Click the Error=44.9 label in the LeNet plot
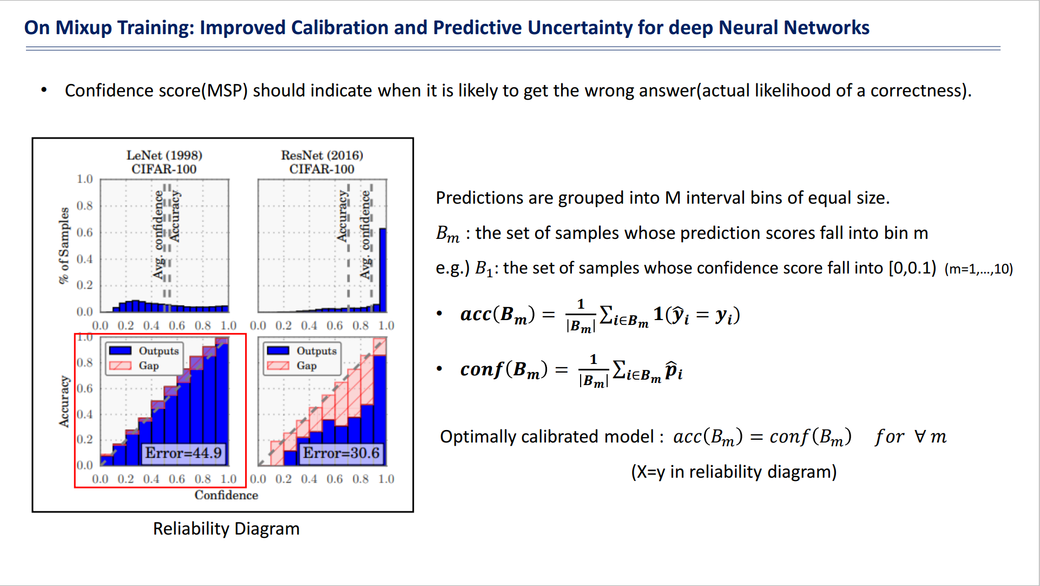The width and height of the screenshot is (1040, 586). (183, 453)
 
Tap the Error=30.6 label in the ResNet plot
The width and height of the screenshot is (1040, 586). (341, 453)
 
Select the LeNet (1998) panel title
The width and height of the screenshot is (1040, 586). (164, 155)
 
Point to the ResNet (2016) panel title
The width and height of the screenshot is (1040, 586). (322, 155)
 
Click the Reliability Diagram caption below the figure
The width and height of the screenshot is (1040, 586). (226, 529)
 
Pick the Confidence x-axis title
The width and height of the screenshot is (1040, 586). (226, 495)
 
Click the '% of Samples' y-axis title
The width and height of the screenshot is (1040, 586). (64, 245)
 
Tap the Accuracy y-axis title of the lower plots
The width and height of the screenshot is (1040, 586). (64, 402)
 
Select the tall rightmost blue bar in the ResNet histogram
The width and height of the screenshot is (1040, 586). (383, 270)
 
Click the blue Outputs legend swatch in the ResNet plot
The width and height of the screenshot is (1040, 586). (278, 351)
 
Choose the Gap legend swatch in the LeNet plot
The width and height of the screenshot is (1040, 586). (120, 366)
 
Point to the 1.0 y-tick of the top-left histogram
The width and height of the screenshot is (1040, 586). (84, 179)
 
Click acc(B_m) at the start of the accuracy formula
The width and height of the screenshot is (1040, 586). (497, 315)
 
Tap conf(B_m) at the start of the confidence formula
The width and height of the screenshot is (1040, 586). (504, 370)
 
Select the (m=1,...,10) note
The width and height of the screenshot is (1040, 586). (978, 269)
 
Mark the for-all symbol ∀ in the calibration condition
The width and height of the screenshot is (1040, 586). (920, 437)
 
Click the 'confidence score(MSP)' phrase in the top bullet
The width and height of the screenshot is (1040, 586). (156, 90)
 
